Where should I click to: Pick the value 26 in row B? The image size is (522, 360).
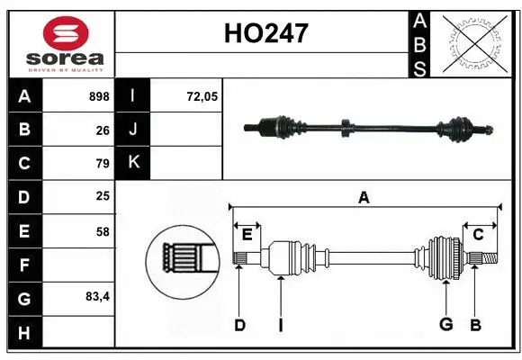pos(103,130)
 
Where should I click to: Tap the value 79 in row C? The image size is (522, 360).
pos(103,164)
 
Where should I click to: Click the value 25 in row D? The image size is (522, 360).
pos(103,197)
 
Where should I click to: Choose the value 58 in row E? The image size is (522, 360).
pos(103,231)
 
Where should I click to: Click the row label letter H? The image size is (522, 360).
pos(24,333)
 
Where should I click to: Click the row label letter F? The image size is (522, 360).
pos(24,265)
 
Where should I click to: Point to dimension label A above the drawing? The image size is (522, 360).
pos(364,198)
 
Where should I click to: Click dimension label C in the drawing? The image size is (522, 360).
pos(479,235)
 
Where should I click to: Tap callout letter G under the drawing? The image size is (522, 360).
pos(445,325)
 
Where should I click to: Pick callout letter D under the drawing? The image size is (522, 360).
pos(239,325)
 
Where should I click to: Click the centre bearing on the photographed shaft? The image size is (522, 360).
pos(345,130)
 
